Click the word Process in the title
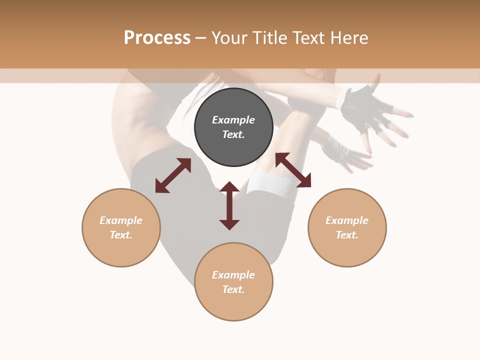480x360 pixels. click(157, 38)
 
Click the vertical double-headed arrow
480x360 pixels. click(229, 205)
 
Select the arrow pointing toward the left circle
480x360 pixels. click(173, 175)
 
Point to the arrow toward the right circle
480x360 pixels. click(293, 170)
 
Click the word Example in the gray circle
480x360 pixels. click(233, 120)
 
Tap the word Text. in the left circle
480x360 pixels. click(121, 235)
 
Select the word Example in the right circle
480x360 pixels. click(347, 220)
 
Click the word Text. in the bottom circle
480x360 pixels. click(233, 289)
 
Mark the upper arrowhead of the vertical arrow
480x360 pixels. click(229, 187)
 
